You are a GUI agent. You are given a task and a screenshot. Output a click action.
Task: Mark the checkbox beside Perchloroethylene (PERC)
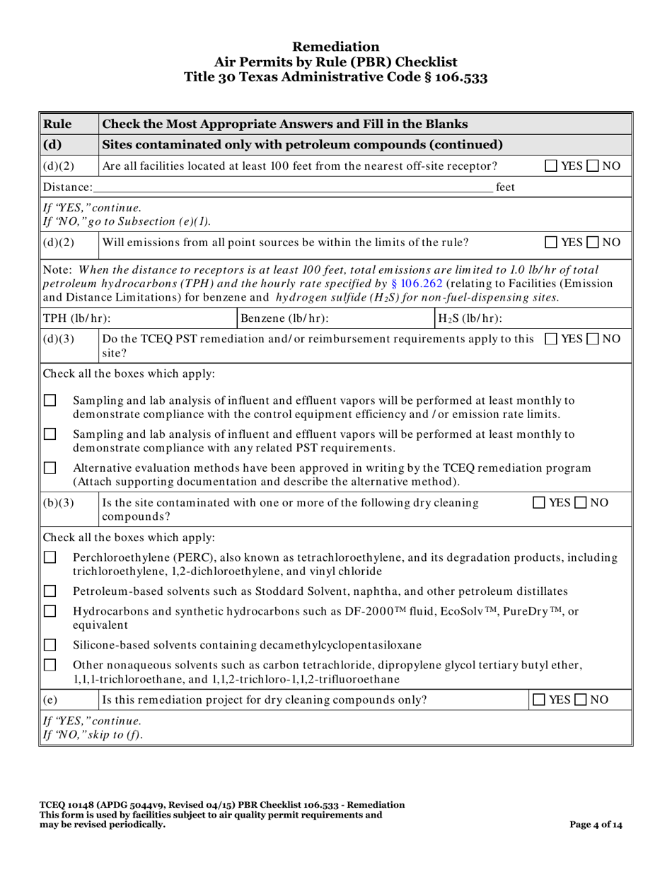click(x=50, y=558)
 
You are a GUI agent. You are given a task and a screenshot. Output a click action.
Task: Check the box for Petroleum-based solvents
click(x=50, y=590)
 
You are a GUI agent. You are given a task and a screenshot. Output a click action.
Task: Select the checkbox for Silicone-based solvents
click(x=50, y=644)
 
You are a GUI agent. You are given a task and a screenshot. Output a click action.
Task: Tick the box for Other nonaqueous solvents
click(x=50, y=666)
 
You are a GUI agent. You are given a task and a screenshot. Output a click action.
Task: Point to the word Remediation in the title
click(x=336, y=47)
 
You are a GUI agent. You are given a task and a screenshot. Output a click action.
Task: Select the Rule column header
click(x=57, y=124)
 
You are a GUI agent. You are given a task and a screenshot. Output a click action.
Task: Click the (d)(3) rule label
click(x=58, y=339)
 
